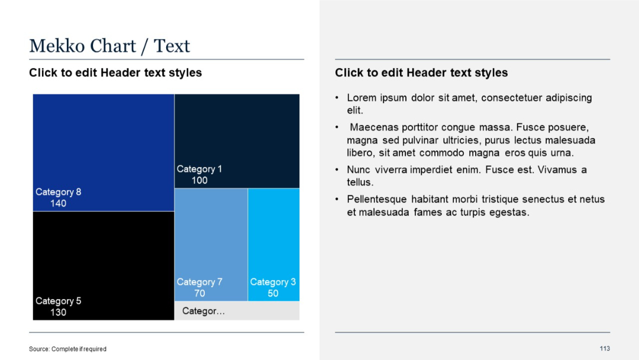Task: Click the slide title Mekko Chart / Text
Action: click(x=109, y=46)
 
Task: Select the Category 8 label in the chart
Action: click(x=58, y=192)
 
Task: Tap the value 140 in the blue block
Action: click(x=58, y=204)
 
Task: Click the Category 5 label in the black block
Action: click(x=58, y=301)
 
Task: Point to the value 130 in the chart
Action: click(x=58, y=313)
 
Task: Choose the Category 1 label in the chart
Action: click(x=199, y=169)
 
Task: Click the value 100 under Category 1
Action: click(x=199, y=181)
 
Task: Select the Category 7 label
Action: click(x=199, y=282)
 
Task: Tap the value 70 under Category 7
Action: click(x=199, y=294)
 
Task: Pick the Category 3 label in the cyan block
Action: click(x=273, y=282)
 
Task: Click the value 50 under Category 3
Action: click(x=273, y=294)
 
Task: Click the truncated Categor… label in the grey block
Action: click(x=204, y=311)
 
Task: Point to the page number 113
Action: click(x=604, y=348)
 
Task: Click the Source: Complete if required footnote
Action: click(x=67, y=349)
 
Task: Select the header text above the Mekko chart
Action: click(x=115, y=73)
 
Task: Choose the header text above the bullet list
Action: click(x=421, y=73)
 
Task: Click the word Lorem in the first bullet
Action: click(x=360, y=98)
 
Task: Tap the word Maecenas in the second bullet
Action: click(x=372, y=127)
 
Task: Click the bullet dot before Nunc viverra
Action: click(x=337, y=170)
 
